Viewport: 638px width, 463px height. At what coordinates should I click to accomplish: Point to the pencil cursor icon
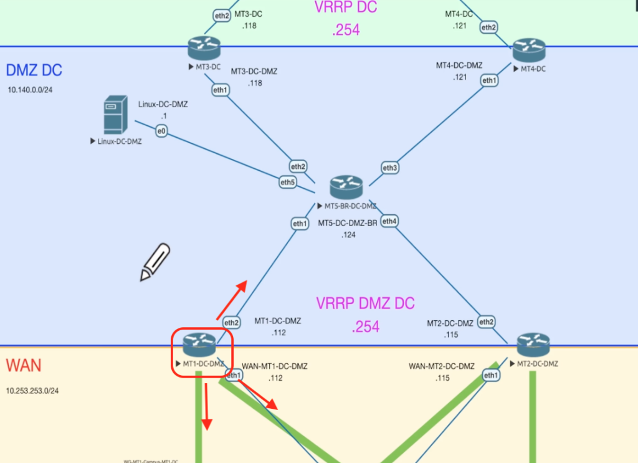click(155, 261)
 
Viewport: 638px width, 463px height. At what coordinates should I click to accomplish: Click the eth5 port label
click(287, 183)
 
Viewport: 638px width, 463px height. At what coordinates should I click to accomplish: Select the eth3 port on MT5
click(390, 168)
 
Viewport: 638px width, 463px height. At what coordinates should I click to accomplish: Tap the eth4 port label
click(389, 221)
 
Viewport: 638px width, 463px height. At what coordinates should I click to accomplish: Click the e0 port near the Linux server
click(161, 131)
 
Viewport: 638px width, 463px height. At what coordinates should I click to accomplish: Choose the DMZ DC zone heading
click(34, 70)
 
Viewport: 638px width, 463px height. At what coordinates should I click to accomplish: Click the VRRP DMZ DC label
click(365, 303)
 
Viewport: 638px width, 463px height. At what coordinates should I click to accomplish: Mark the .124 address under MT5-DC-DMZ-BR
click(348, 235)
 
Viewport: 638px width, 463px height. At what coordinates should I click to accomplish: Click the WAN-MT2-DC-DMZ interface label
click(441, 366)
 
